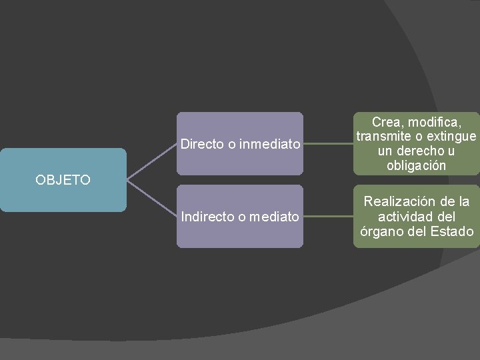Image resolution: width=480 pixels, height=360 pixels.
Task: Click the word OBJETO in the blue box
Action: (63, 179)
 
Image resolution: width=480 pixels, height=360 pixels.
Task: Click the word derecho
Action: (421, 151)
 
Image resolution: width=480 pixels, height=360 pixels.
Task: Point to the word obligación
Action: (416, 166)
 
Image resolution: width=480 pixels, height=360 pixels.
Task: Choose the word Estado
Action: (451, 231)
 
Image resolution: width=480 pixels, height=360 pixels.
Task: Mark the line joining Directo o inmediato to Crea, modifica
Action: (328, 143)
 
